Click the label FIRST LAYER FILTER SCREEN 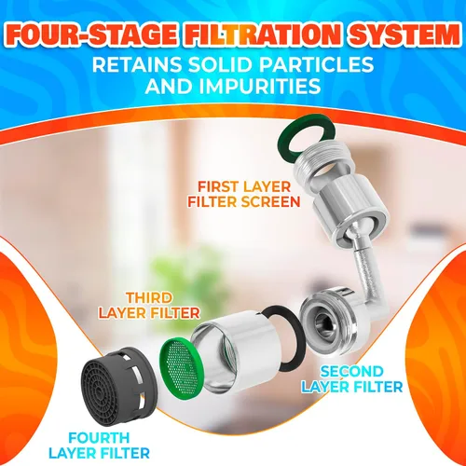click(x=244, y=195)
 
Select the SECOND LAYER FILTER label click(x=352, y=379)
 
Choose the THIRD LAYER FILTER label click(x=149, y=306)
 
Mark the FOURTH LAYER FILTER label click(x=99, y=445)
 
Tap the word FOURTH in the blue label click(x=99, y=438)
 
